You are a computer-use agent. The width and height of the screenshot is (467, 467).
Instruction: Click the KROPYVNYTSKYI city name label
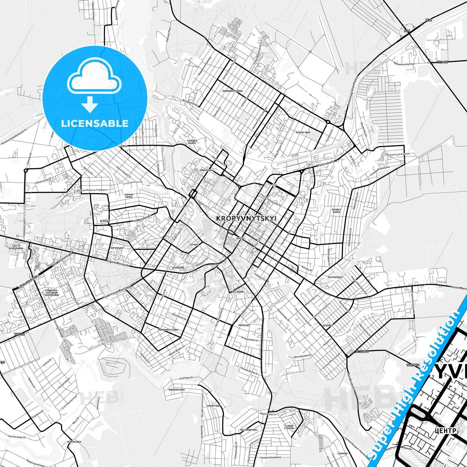pyautogui.click(x=246, y=218)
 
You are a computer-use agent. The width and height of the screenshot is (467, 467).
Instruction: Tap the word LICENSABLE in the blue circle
pyautogui.click(x=95, y=123)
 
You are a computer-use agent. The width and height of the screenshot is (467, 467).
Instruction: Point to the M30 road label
pyautogui.click(x=429, y=20)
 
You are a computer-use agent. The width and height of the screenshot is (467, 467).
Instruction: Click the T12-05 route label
pyautogui.click(x=442, y=62)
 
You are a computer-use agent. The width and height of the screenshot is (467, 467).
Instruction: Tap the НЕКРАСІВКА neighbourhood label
pyautogui.click(x=303, y=133)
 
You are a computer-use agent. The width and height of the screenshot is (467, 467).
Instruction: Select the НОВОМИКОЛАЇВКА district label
pyautogui.click(x=232, y=91)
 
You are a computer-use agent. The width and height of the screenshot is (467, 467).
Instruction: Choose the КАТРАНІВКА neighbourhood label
pyautogui.click(x=335, y=277)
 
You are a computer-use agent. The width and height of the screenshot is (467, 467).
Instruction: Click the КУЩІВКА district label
pyautogui.click(x=328, y=325)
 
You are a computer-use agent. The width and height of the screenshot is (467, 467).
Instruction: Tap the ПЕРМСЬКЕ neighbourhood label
pyautogui.click(x=244, y=325)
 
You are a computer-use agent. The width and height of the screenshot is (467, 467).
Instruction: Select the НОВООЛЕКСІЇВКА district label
pyautogui.click(x=168, y=330)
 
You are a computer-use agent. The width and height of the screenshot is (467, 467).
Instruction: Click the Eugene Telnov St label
pyautogui.click(x=118, y=263)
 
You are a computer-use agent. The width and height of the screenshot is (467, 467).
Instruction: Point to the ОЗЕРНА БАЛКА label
pyautogui.click(x=129, y=196)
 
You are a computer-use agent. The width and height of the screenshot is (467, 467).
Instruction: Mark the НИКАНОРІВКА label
pyautogui.click(x=176, y=390)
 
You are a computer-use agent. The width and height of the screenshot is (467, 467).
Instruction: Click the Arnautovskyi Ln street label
pyautogui.click(x=250, y=339)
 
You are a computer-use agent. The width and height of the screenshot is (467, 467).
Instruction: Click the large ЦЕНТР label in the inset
pyautogui.click(x=445, y=431)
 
